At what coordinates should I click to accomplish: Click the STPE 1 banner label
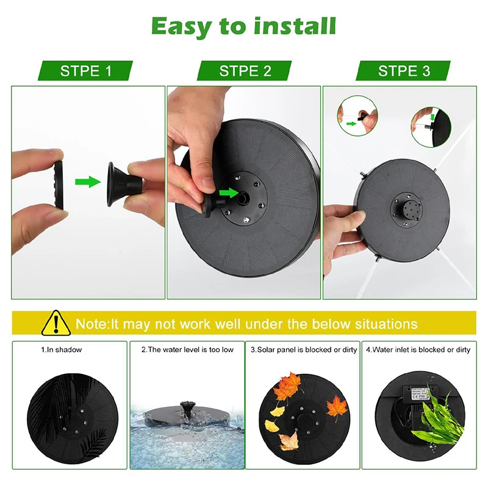(86, 71)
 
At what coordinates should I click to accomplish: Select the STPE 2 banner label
(245, 71)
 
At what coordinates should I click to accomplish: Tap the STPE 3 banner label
(404, 71)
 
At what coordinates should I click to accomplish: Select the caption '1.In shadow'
(61, 350)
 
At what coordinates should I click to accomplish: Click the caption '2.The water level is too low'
(187, 350)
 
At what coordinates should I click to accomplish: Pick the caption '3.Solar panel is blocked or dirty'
(303, 350)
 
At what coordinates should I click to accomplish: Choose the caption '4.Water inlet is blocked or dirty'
(418, 350)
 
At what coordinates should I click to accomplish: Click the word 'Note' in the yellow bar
(90, 323)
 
